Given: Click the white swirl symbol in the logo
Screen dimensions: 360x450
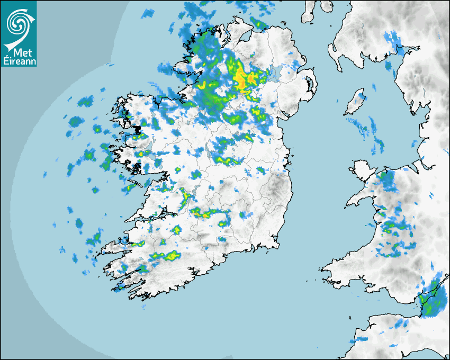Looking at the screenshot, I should click(19, 22).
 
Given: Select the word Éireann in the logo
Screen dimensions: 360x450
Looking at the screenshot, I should click(19, 62).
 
